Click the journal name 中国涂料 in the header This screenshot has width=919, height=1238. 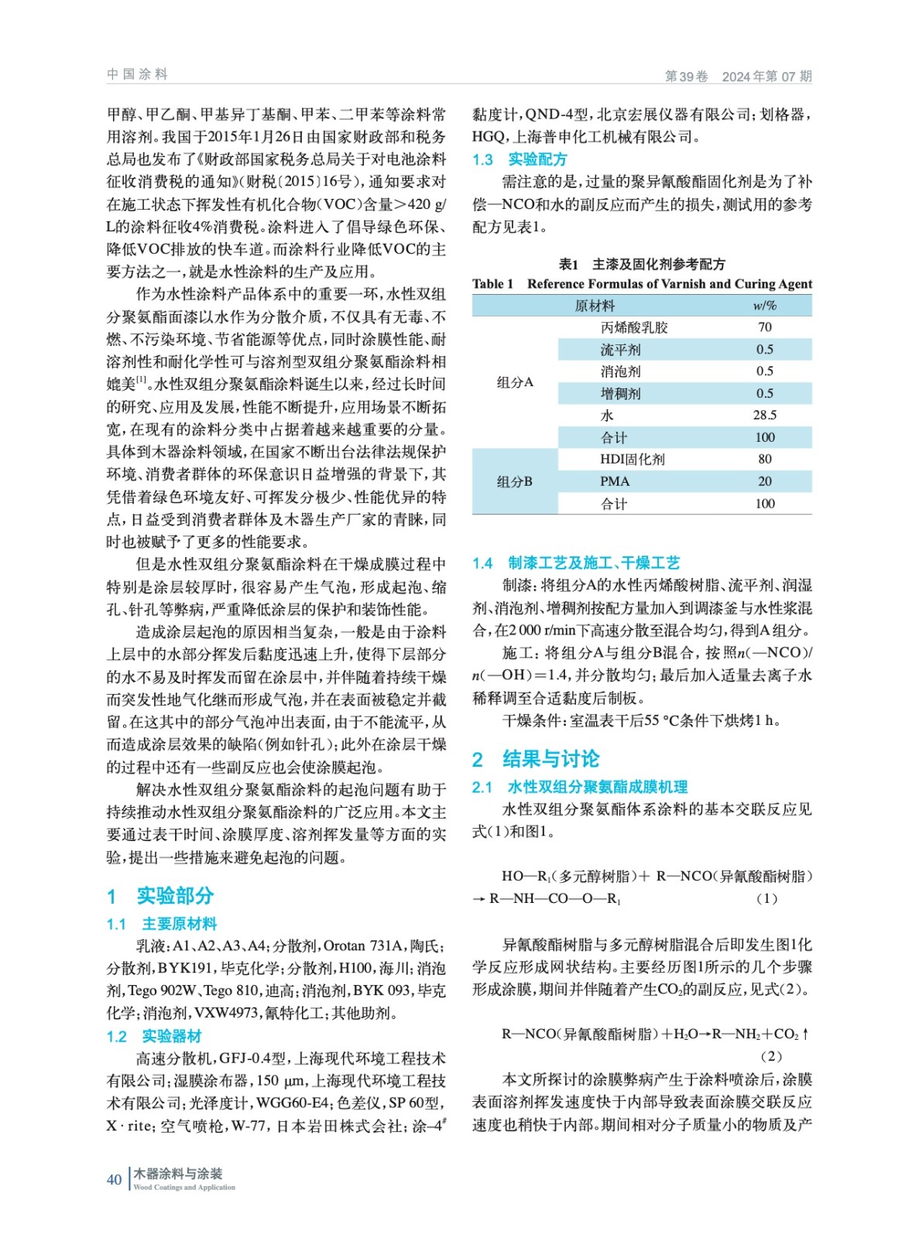click(x=137, y=74)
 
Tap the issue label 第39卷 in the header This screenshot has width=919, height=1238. click(x=686, y=76)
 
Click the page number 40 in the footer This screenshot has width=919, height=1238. click(x=114, y=1179)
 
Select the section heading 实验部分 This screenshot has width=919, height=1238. click(x=174, y=895)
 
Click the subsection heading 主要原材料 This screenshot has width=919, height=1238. click(x=179, y=923)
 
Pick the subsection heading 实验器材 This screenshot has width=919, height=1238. click(x=171, y=1035)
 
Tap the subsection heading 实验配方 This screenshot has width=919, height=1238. click(x=537, y=159)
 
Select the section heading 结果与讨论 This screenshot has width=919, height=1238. click(x=550, y=758)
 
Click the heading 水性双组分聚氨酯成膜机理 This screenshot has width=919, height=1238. click(x=597, y=787)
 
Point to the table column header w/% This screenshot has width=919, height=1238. click(x=764, y=306)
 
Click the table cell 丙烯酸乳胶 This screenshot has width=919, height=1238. click(x=633, y=327)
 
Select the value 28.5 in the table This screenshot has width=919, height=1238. click(x=764, y=416)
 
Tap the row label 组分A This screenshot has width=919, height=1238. click(x=515, y=382)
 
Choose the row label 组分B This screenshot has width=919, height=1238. click(x=515, y=481)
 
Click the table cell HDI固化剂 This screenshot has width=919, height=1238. click(x=632, y=459)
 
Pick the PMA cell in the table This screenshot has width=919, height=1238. click(x=615, y=481)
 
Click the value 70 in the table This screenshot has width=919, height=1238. click(x=764, y=327)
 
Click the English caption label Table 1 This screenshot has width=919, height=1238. click(x=492, y=284)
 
